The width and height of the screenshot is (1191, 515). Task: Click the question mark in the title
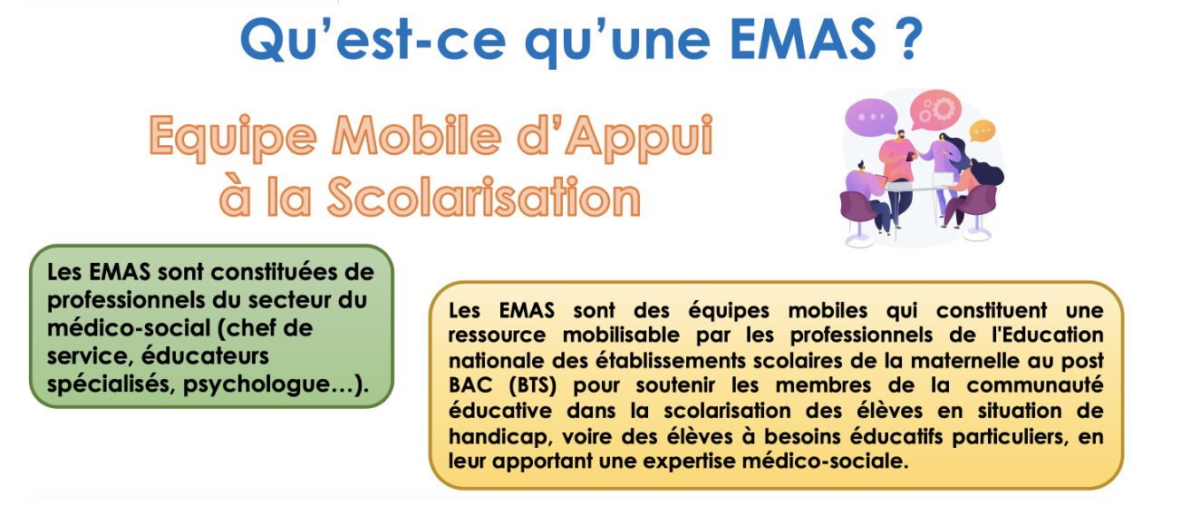tap(909, 38)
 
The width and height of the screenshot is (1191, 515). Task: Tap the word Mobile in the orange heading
tap(417, 136)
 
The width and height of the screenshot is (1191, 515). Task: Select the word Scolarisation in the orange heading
tap(484, 198)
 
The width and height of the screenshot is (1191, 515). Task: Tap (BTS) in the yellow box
tap(533, 385)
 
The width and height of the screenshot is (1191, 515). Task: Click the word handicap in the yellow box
tap(498, 437)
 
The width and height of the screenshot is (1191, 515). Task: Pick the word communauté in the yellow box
tap(1035, 385)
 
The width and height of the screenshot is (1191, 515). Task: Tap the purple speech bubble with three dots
tap(870, 118)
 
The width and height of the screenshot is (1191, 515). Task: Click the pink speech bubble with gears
tap(935, 110)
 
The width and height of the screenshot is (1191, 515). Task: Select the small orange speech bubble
tap(982, 131)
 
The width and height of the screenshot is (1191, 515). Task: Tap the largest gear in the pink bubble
tap(944, 108)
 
